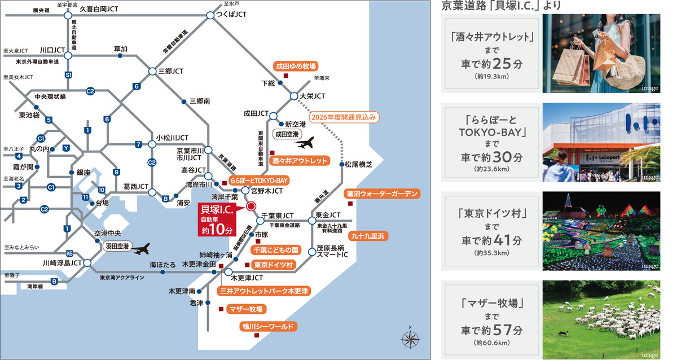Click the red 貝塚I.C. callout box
tap(218, 219)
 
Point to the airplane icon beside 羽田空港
tap(143, 248)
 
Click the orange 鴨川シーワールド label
tap(268, 327)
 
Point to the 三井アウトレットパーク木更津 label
tap(263, 291)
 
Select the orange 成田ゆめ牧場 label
tap(295, 65)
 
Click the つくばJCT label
tap(232, 14)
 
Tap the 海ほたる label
tap(161, 264)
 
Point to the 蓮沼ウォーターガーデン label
tap(383, 194)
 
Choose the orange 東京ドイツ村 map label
tap(272, 265)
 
